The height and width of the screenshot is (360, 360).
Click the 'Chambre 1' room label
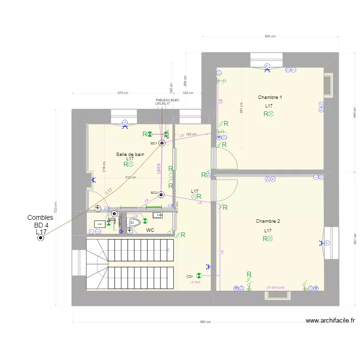[x=270, y=97]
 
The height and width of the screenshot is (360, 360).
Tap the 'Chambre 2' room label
[x=268, y=221]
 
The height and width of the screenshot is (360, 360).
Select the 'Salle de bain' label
[x=130, y=154]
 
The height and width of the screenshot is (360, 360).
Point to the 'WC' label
[x=150, y=230]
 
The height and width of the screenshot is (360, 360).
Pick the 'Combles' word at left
[x=40, y=218]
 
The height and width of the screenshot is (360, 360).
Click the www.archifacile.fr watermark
[x=330, y=321]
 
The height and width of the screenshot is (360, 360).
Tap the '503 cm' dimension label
[x=270, y=36]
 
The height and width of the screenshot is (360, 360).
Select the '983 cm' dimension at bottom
[x=206, y=322]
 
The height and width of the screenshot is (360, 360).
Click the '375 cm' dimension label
[x=123, y=93]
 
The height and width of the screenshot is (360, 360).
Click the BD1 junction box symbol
[x=162, y=143]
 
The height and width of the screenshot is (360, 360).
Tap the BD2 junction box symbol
[x=162, y=194]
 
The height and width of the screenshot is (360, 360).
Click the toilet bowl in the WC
[x=133, y=223]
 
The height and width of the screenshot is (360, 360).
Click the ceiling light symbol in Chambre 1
[x=270, y=114]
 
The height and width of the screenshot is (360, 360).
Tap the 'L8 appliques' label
[x=276, y=288]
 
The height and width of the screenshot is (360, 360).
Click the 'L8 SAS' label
[x=195, y=282]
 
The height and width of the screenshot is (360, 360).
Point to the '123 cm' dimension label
[x=191, y=134]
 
